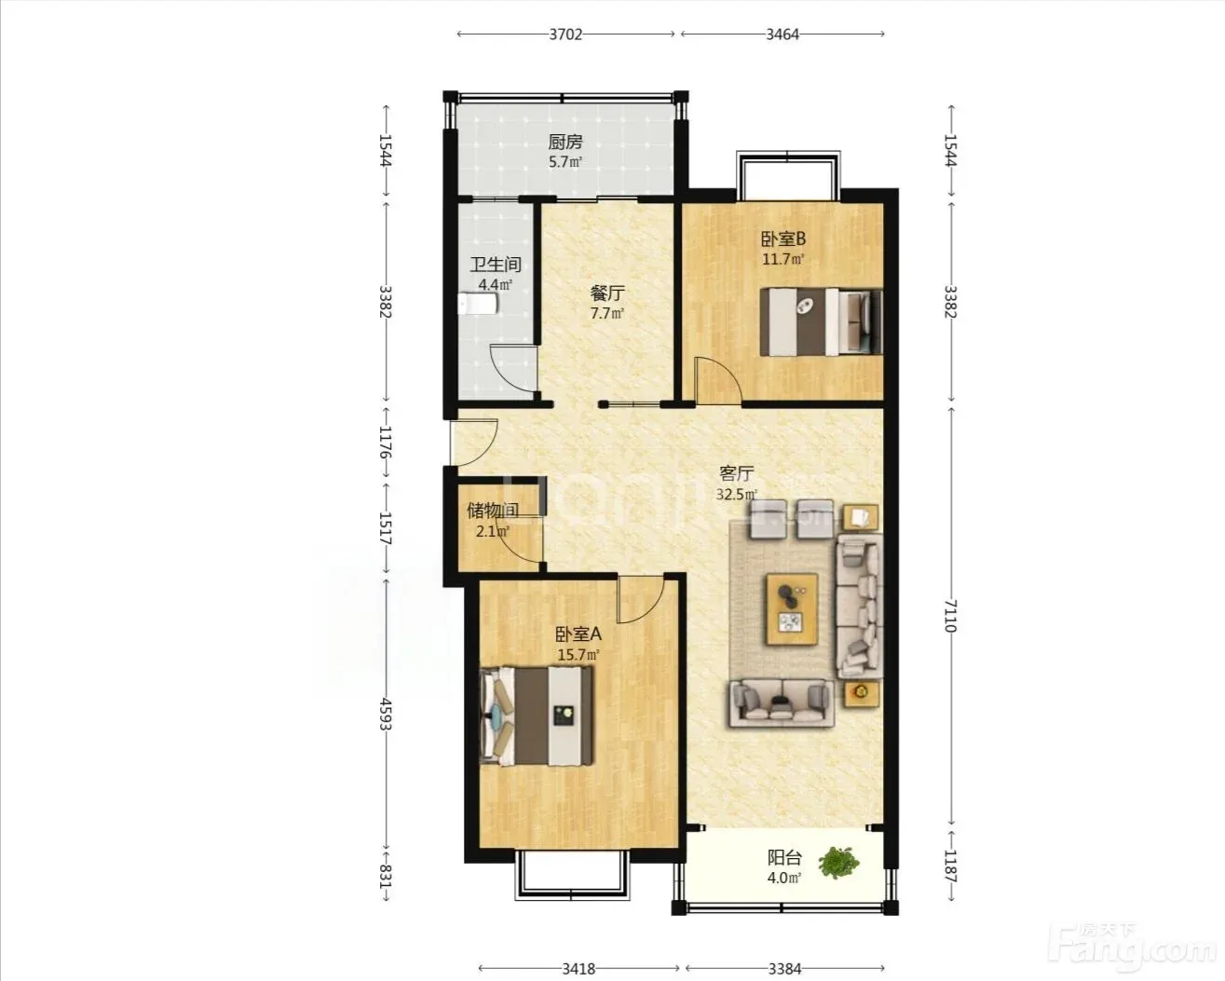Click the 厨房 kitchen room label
click(x=565, y=141)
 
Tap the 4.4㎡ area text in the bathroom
click(x=495, y=285)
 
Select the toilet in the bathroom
click(x=479, y=304)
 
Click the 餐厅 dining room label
click(x=607, y=293)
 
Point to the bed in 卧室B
click(x=822, y=321)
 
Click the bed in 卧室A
click(x=537, y=715)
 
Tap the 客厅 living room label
click(x=737, y=472)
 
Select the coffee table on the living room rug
click(x=792, y=608)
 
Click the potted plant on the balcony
click(x=838, y=863)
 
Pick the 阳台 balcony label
click(x=784, y=857)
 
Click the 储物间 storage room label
click(x=493, y=511)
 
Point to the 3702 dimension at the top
click(x=565, y=34)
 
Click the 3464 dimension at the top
click(x=783, y=34)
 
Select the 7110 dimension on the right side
click(x=951, y=616)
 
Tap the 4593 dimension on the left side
click(x=387, y=714)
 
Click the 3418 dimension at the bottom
click(x=578, y=952)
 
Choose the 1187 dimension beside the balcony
click(x=951, y=866)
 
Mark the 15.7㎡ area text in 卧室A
click(x=578, y=655)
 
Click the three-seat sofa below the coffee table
click(x=782, y=703)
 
